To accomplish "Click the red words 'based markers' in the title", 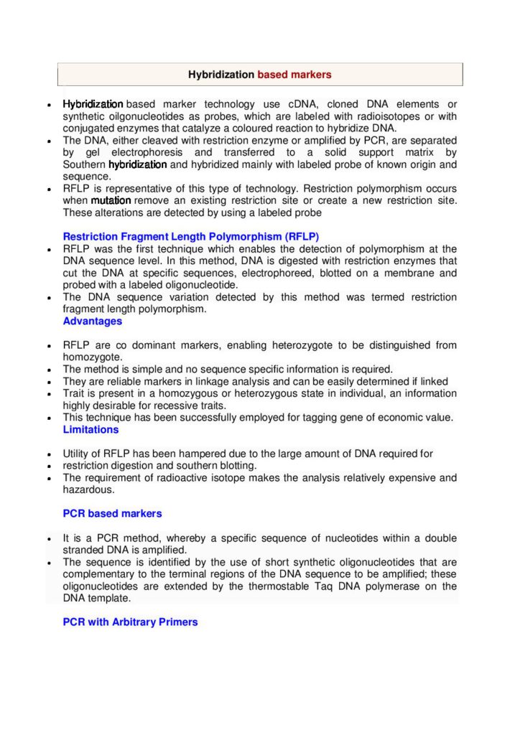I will point(294,75).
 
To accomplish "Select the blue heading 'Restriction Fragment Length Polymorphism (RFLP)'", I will point(191,236).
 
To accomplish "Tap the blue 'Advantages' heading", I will point(93,321).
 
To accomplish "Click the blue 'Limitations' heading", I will point(90,429).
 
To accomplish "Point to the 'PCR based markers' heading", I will point(112,513).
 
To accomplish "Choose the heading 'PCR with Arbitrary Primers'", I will point(130,622).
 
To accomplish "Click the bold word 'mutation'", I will point(111,200).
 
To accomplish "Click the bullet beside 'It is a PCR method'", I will point(47,538).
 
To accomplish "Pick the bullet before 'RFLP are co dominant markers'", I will point(47,346).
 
